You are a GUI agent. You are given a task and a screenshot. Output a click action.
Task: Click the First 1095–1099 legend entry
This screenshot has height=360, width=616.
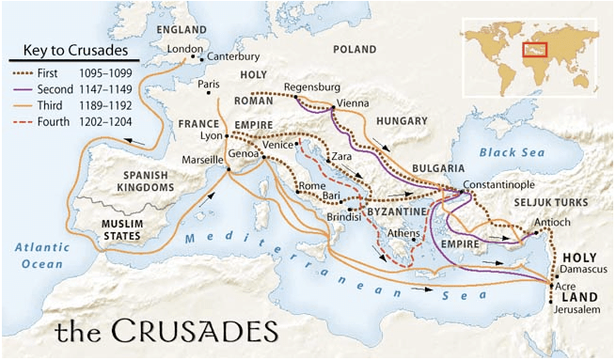[x=90, y=70]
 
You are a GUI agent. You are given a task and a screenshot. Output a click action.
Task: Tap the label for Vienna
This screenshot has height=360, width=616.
[x=358, y=103]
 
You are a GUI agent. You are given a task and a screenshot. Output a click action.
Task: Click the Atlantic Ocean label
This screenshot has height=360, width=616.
[x=45, y=255]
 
